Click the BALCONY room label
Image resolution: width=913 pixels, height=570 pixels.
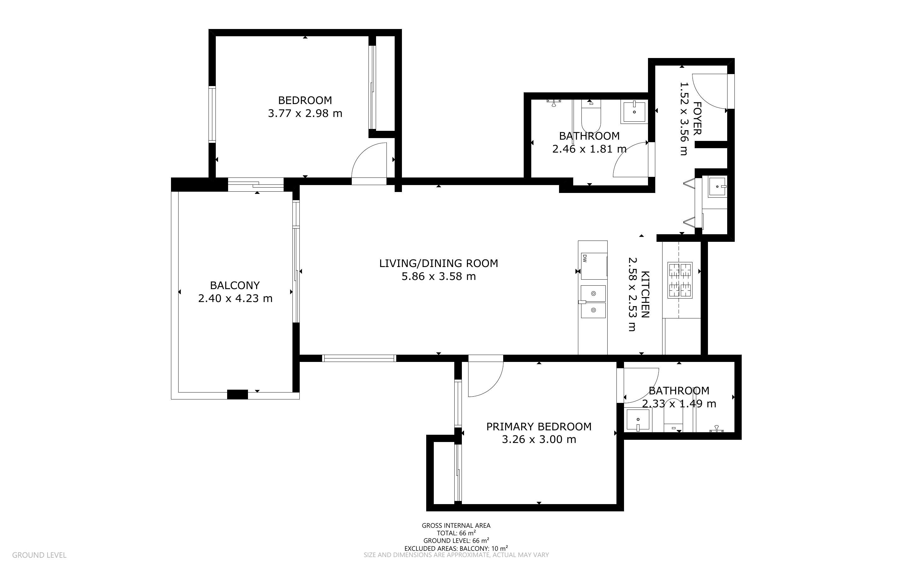(x=235, y=285)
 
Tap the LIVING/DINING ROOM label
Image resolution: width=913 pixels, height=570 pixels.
(x=439, y=264)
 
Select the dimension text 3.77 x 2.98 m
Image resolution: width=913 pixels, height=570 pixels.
(x=305, y=113)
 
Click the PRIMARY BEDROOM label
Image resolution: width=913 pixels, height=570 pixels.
(x=539, y=427)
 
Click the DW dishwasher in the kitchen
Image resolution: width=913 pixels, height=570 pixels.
(x=594, y=266)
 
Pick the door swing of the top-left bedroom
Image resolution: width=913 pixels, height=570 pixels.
(x=369, y=161)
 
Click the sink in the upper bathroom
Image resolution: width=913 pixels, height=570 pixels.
(x=634, y=112)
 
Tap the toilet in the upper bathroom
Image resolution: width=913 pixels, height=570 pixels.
(x=591, y=115)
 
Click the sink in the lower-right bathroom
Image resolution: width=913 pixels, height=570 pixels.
(x=639, y=420)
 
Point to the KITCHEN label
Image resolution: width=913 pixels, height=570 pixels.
(x=645, y=294)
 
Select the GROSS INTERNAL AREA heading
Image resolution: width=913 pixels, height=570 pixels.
(x=456, y=526)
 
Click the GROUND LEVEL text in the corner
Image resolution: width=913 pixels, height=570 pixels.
(x=39, y=555)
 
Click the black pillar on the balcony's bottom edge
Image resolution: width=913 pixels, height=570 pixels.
(x=237, y=394)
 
